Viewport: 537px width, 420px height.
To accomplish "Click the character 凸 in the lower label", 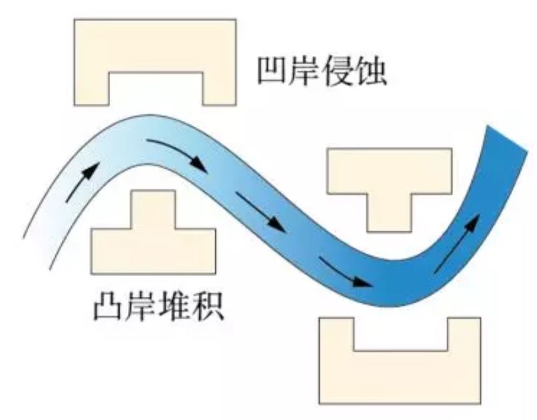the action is click(x=108, y=306).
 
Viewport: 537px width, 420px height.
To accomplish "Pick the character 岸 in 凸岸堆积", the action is click(x=141, y=306).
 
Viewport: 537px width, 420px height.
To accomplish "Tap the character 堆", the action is click(x=175, y=306).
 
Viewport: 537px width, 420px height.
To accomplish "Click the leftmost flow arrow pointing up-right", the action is click(x=83, y=182).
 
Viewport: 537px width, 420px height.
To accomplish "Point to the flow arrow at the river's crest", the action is click(x=176, y=155).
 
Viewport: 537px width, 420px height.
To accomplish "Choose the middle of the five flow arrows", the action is click(x=261, y=212).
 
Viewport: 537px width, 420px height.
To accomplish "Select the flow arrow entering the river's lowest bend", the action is click(x=345, y=272).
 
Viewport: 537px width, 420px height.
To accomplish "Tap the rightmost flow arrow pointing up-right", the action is click(x=457, y=244).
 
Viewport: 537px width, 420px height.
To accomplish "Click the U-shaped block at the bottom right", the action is click(x=399, y=377).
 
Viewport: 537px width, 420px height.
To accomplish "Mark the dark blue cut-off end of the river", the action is click(x=506, y=138).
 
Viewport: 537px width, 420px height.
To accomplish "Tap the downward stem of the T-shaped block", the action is click(x=389, y=212).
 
